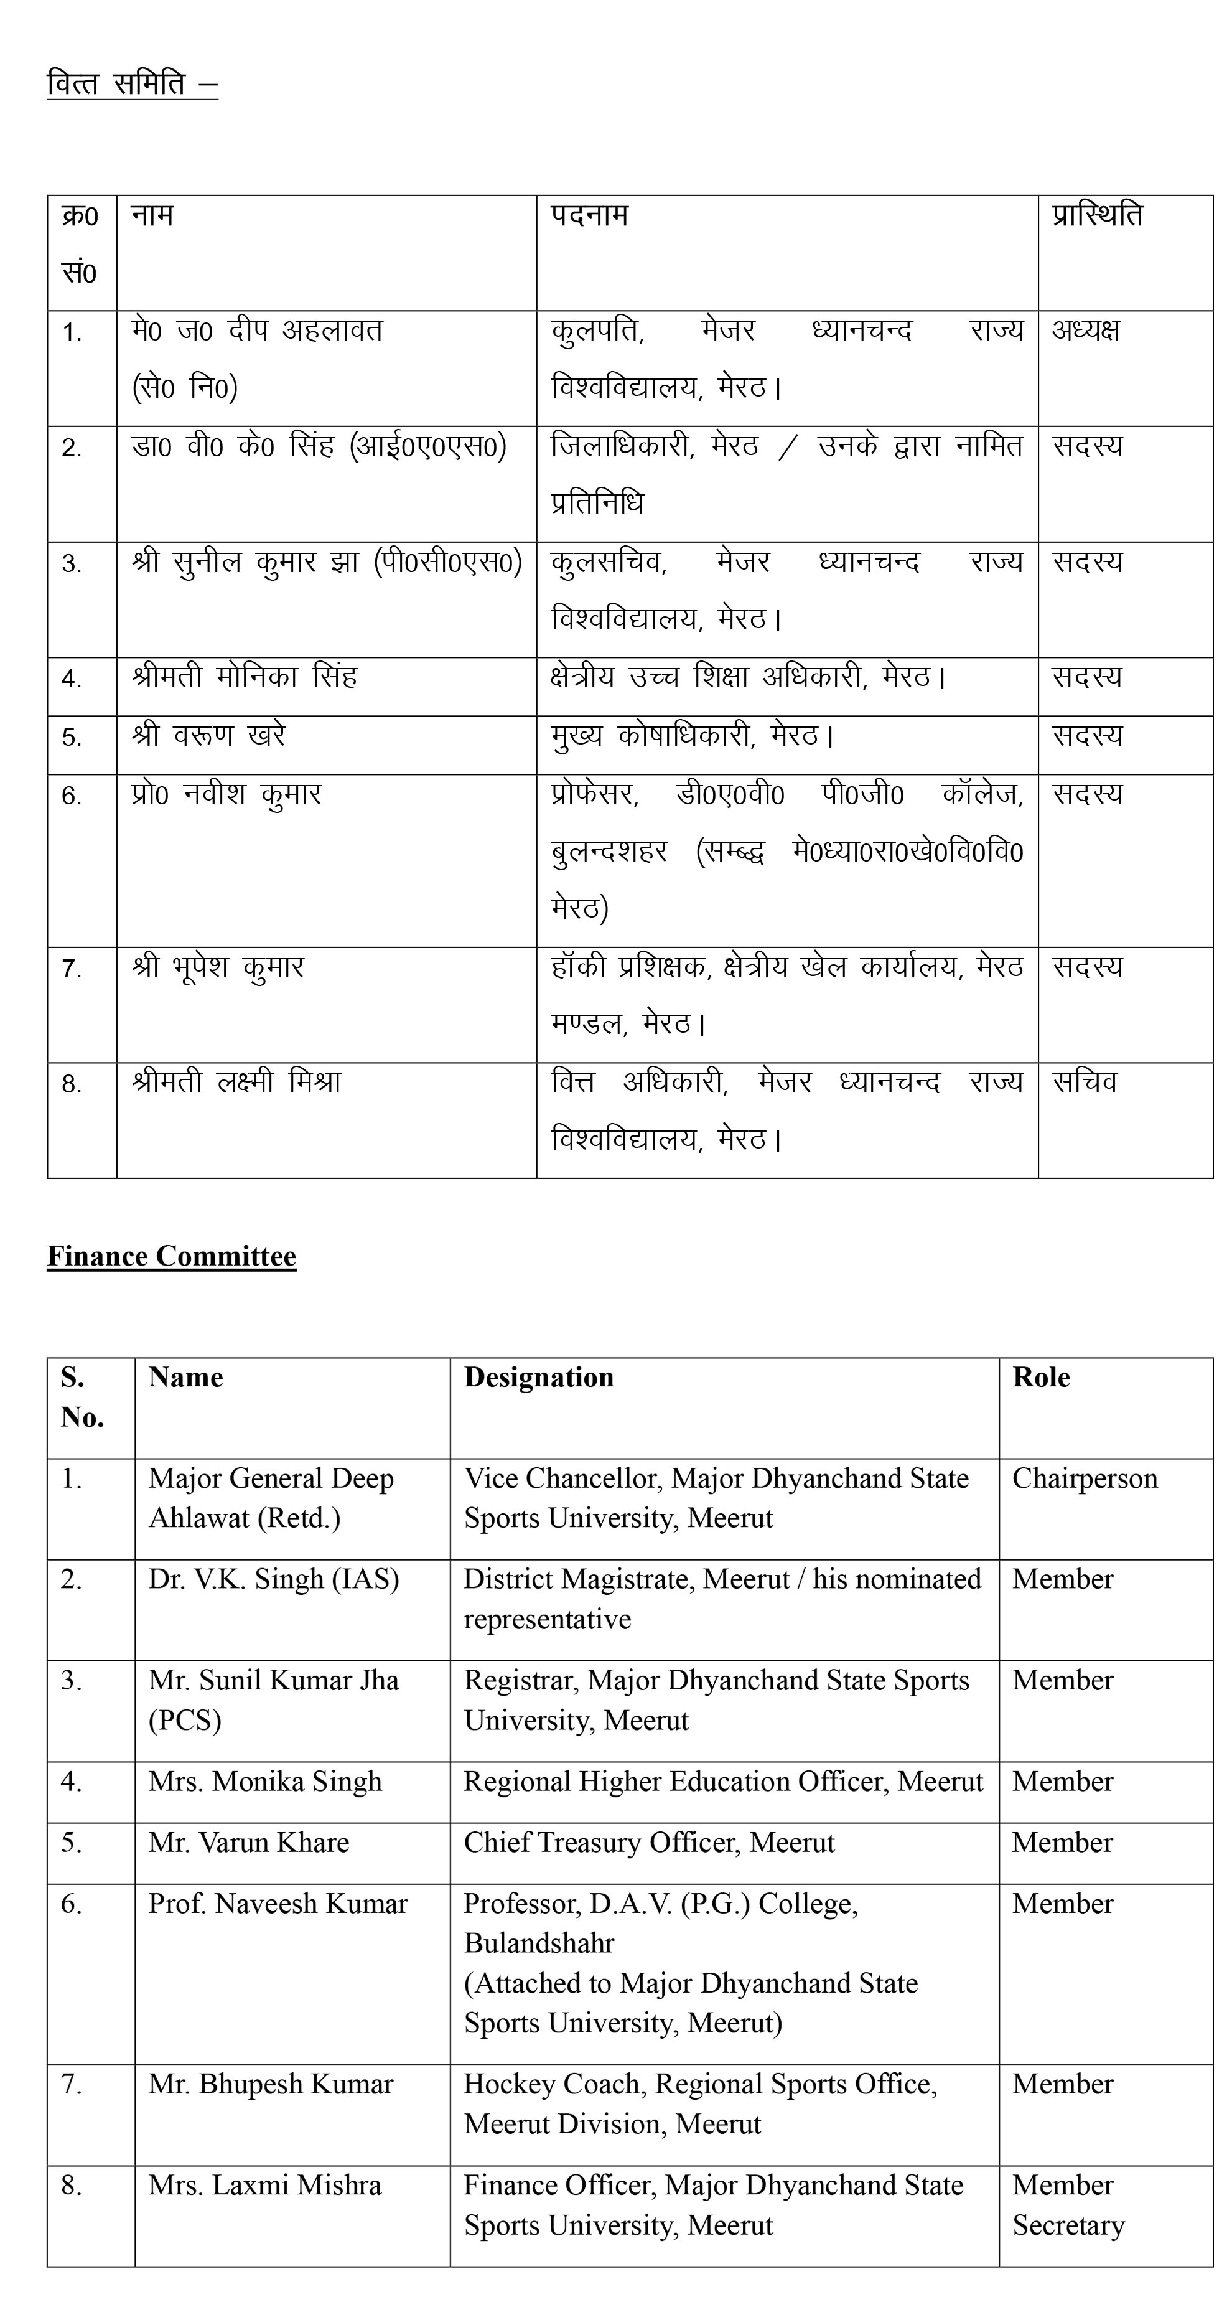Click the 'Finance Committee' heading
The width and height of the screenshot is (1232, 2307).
coord(171,1256)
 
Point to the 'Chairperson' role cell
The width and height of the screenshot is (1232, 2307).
coord(1085,1478)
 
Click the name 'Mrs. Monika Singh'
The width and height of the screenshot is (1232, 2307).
coord(265,1782)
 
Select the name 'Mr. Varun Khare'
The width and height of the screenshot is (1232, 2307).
coord(249,1842)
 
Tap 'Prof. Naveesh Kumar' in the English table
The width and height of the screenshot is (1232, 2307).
coord(278,1903)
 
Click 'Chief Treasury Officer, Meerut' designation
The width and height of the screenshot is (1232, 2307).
coord(648,1842)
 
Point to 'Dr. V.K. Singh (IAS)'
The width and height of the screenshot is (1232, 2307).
coord(273,1579)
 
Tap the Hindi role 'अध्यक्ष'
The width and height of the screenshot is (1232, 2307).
coord(1085,331)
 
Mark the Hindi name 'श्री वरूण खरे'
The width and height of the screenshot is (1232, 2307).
coord(208,735)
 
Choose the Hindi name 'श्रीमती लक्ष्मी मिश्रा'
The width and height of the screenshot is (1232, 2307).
coord(236,1083)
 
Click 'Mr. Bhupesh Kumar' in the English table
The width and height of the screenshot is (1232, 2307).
coord(271,2084)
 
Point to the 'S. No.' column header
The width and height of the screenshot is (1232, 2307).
coord(82,1397)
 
